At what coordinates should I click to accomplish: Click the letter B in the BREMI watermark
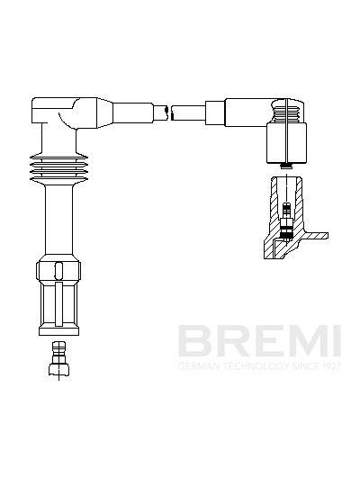194,341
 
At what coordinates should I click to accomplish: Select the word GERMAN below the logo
198,365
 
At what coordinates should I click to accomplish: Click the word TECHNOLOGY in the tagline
255,365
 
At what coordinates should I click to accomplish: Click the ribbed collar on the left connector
58,169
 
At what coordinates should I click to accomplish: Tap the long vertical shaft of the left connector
58,220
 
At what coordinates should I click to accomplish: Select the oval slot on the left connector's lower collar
58,270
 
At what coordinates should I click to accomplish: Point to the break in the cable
169,113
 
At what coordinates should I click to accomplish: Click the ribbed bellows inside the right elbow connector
287,112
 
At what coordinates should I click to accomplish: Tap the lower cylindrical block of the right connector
286,142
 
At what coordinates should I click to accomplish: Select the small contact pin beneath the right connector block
286,167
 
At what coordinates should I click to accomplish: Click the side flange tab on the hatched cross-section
316,235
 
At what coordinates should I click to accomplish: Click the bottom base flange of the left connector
58,331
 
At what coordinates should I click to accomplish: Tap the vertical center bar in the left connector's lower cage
58,304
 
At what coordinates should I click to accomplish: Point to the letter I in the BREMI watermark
337,341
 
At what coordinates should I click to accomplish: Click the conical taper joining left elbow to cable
104,113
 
